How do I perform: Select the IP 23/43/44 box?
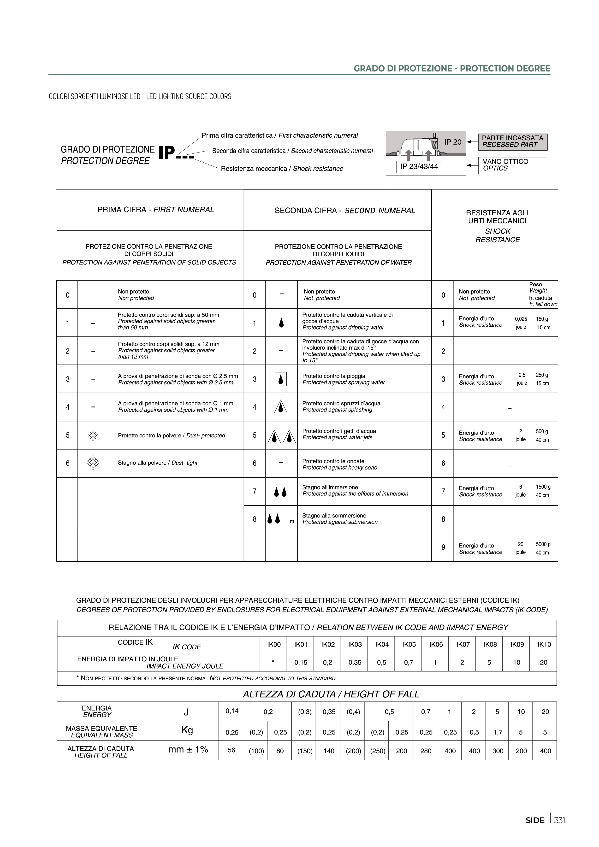[419, 167]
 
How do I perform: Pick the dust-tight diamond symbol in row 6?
[93, 463]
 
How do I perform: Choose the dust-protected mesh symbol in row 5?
[93, 435]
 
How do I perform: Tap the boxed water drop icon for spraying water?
[281, 379]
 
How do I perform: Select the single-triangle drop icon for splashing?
[281, 407]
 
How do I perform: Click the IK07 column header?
[463, 644]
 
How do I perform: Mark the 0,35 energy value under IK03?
[355, 662]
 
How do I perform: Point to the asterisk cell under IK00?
[273, 662]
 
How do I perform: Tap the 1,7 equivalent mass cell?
[498, 732]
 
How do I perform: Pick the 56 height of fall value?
[231, 750]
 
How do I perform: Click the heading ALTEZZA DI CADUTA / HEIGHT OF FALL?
[331, 694]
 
